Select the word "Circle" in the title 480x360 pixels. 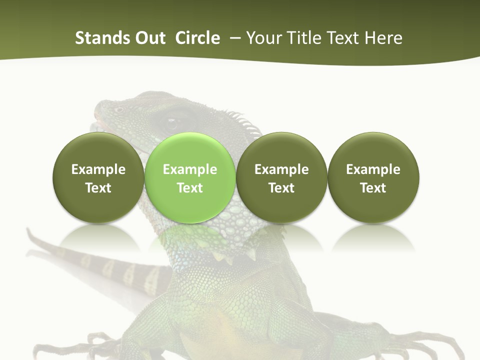pos(197,38)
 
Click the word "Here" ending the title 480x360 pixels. pos(383,38)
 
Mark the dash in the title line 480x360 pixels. pos(233,38)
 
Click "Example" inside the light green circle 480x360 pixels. pos(189,169)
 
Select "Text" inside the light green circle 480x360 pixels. pos(189,188)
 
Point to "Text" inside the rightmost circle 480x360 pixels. pos(373,188)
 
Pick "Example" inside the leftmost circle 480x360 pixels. pos(98,169)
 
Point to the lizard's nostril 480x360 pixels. pos(118,109)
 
